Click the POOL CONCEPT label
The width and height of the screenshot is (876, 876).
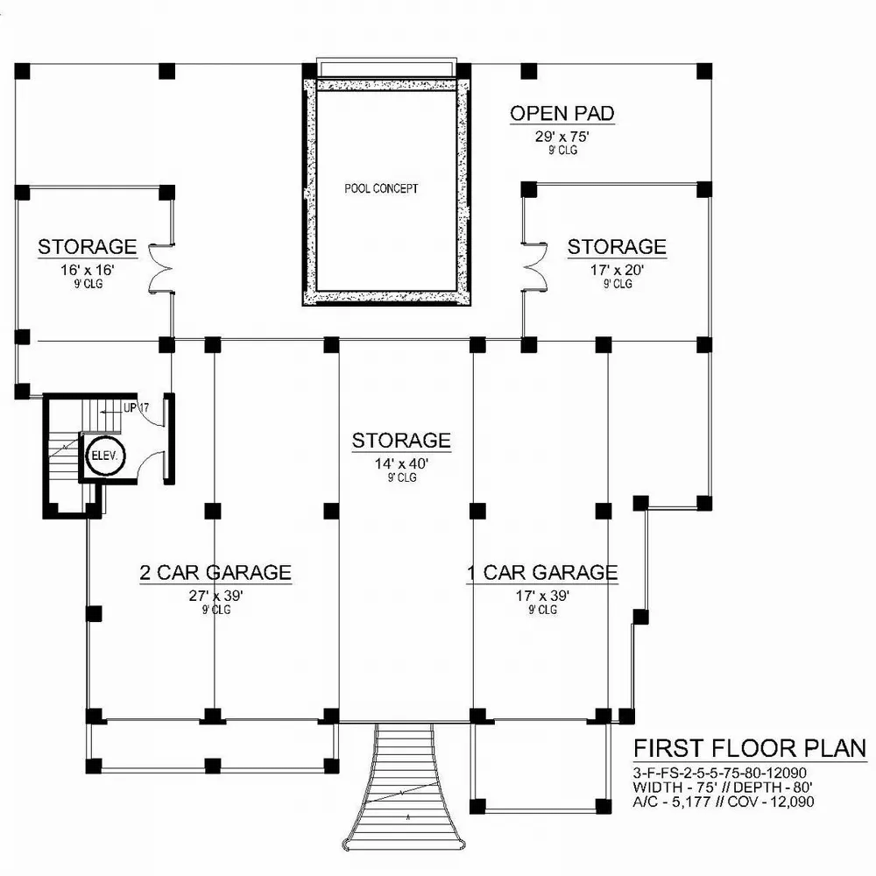[x=381, y=188]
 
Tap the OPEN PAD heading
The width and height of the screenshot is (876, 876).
[x=562, y=113]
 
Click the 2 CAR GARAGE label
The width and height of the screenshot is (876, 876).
[x=215, y=573]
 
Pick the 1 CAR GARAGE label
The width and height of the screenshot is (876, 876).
[x=541, y=573]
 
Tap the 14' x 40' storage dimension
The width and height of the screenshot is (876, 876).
[x=402, y=464]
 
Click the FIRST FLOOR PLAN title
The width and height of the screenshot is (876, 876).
[x=750, y=748]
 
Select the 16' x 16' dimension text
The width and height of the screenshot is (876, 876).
[x=86, y=271]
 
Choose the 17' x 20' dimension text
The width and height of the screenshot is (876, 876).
[x=617, y=271]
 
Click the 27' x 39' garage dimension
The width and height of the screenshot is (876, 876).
[x=215, y=597]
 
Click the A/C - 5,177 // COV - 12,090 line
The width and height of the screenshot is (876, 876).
[x=724, y=800]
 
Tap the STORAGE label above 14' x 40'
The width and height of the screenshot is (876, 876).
[x=401, y=440]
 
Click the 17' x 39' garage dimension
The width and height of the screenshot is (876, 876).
[x=543, y=597]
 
